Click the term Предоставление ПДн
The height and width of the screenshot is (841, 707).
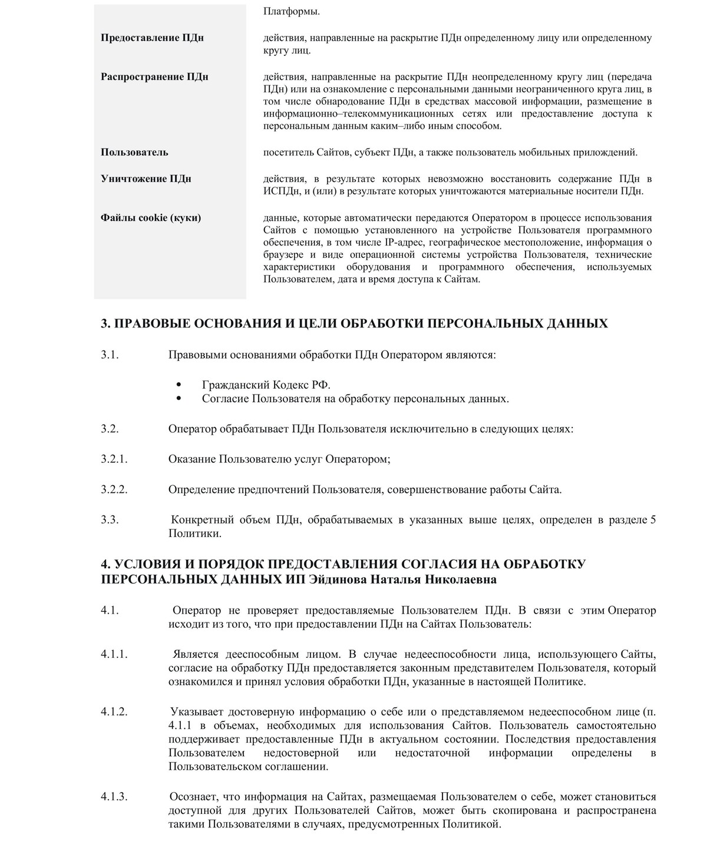[152, 38]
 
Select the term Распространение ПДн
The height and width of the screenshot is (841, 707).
[154, 77]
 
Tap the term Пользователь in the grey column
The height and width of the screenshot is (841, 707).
[134, 152]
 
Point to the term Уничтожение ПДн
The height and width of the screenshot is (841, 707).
[146, 178]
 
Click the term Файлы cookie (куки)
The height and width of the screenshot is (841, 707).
[151, 218]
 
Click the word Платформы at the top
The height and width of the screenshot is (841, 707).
[292, 12]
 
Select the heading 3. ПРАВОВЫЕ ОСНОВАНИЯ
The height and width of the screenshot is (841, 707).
[354, 323]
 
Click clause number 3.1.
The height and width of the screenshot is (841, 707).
[110, 355]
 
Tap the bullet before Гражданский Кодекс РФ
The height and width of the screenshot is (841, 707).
[179, 385]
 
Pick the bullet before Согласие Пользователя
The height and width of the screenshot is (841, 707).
[179, 399]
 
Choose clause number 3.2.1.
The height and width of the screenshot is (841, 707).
[114, 459]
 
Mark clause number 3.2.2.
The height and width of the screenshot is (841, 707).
[114, 489]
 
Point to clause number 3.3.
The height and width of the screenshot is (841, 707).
[110, 519]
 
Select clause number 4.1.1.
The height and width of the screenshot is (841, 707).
[114, 654]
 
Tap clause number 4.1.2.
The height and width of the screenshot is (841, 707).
[114, 711]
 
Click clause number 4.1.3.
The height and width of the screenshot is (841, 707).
[114, 797]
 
